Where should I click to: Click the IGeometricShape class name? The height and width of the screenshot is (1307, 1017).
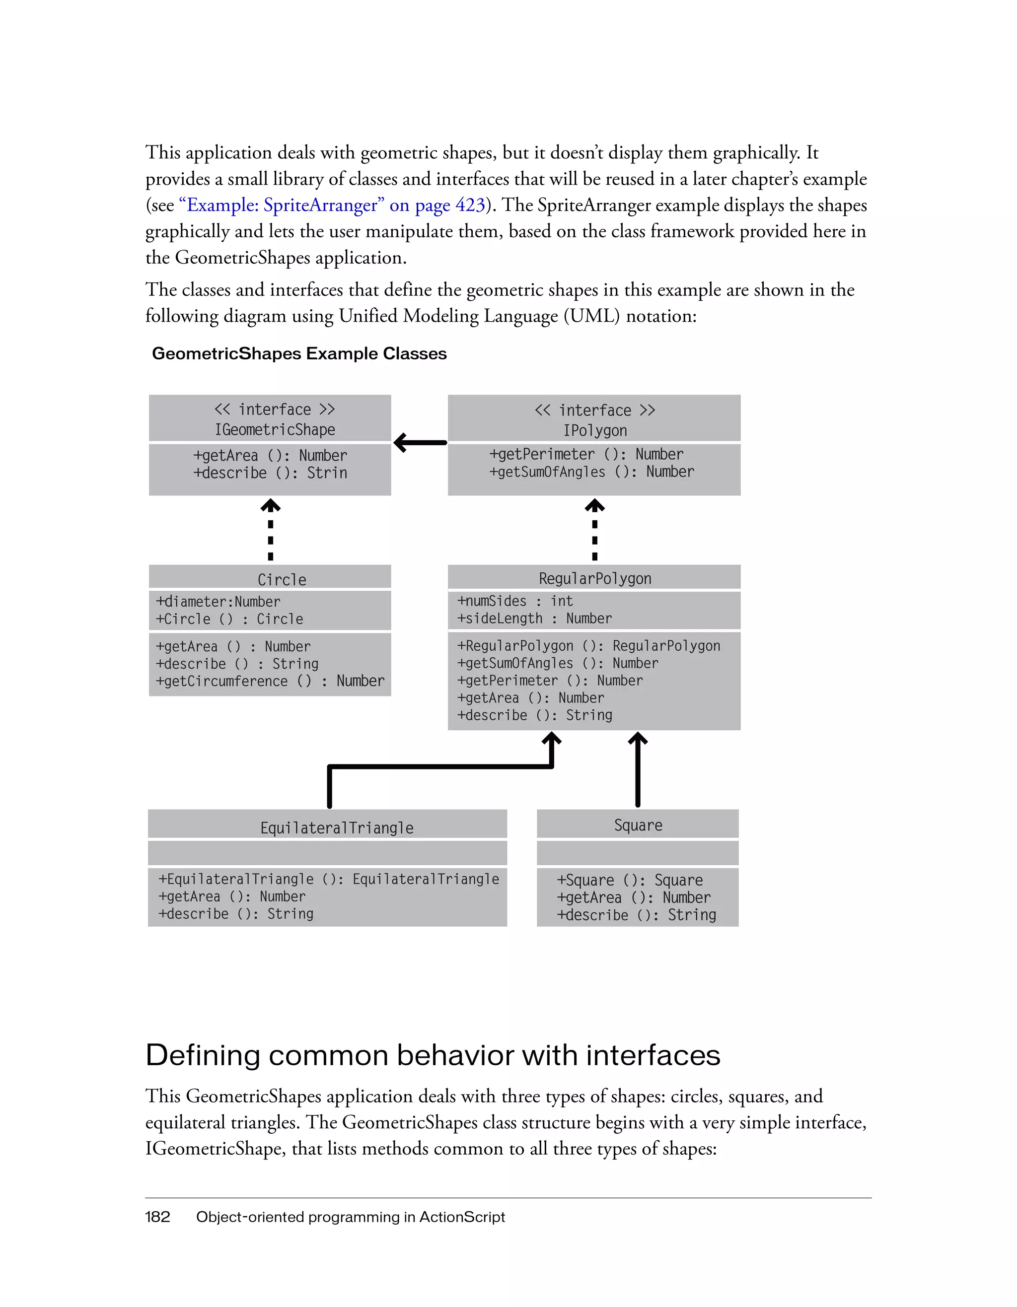(x=275, y=430)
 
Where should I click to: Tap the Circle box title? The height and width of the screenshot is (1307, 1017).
(x=282, y=579)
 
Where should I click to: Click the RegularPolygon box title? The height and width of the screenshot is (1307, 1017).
(x=594, y=579)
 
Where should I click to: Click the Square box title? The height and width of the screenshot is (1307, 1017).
(x=638, y=825)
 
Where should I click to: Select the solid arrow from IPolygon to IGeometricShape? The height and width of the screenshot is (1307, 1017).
(x=420, y=443)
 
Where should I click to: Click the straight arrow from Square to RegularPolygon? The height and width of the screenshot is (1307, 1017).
(x=638, y=772)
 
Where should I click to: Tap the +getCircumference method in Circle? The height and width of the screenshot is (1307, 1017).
(x=270, y=681)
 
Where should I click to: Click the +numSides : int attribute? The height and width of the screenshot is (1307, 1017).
(x=515, y=601)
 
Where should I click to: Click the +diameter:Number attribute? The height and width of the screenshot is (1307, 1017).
(x=218, y=602)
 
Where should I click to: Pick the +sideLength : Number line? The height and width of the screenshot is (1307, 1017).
(x=534, y=618)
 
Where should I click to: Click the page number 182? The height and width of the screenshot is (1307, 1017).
(x=157, y=1217)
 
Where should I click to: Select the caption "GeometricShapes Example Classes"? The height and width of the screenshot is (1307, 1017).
(x=299, y=354)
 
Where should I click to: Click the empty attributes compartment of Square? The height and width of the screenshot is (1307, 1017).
(x=638, y=853)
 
